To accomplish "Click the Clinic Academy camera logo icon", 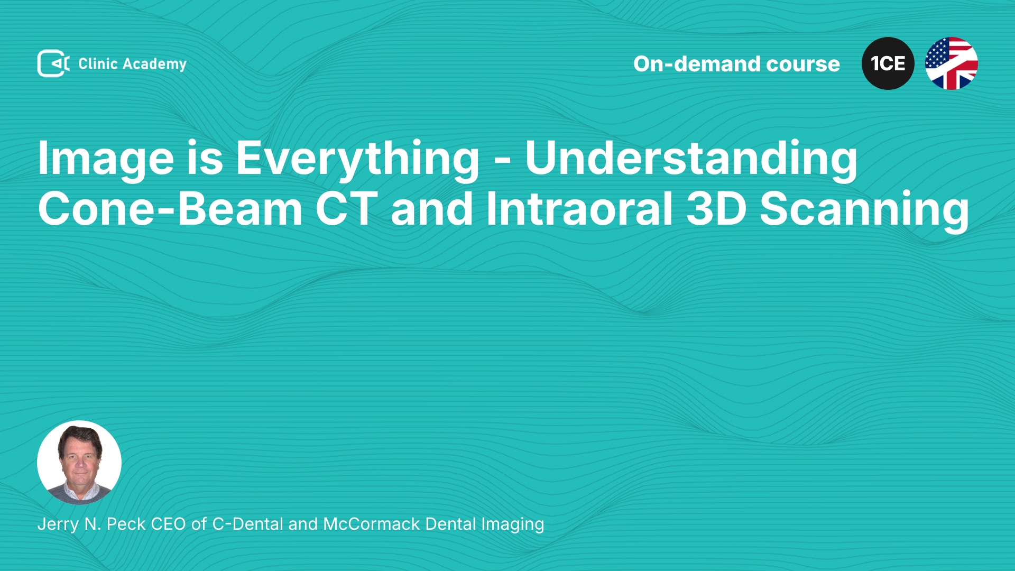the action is click(53, 63).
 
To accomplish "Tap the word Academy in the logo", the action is click(154, 65).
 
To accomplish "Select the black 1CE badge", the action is click(888, 63).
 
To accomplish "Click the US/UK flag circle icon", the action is click(952, 63).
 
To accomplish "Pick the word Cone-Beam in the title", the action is click(170, 209).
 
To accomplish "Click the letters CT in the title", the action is click(347, 209).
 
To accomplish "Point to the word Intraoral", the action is click(579, 209).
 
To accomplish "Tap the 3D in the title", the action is click(716, 209).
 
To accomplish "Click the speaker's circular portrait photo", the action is click(79, 463).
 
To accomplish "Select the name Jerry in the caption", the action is click(59, 524).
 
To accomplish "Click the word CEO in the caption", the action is click(168, 524).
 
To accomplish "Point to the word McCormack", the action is click(372, 524).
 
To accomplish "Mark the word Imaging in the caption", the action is click(512, 525).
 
